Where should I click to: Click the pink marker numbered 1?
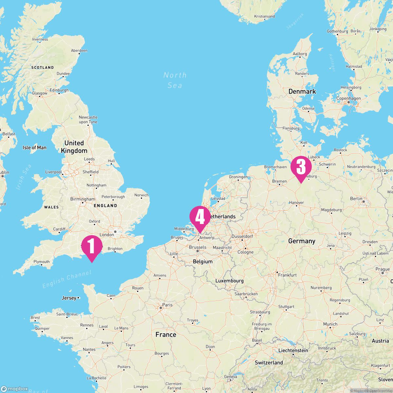tap(92, 247)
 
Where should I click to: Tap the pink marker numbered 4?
tap(200, 217)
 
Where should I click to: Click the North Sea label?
tap(175, 80)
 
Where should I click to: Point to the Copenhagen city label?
tap(348, 98)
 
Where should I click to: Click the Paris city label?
tap(167, 305)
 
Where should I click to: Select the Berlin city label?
tap(356, 198)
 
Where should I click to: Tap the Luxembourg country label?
tap(229, 281)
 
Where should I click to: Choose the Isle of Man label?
tap(34, 148)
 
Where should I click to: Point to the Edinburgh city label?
tap(59, 90)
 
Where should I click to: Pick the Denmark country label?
tap(302, 91)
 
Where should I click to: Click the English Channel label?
tap(67, 279)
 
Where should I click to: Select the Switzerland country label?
tap(269, 363)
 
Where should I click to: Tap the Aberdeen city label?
tap(79, 50)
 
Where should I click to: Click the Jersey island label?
tap(69, 298)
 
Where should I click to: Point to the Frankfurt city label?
tap(287, 275)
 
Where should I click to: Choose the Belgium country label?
tap(203, 261)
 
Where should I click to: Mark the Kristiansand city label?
tap(264, 16)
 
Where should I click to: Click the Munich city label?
tap(330, 324)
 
